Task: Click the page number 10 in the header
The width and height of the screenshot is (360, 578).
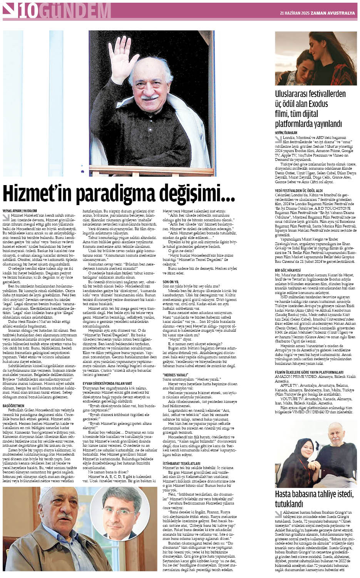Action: pos(28,11)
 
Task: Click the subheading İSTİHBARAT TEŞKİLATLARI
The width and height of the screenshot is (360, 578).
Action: pos(181,463)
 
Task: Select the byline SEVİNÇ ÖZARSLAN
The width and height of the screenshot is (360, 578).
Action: pos(286,132)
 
